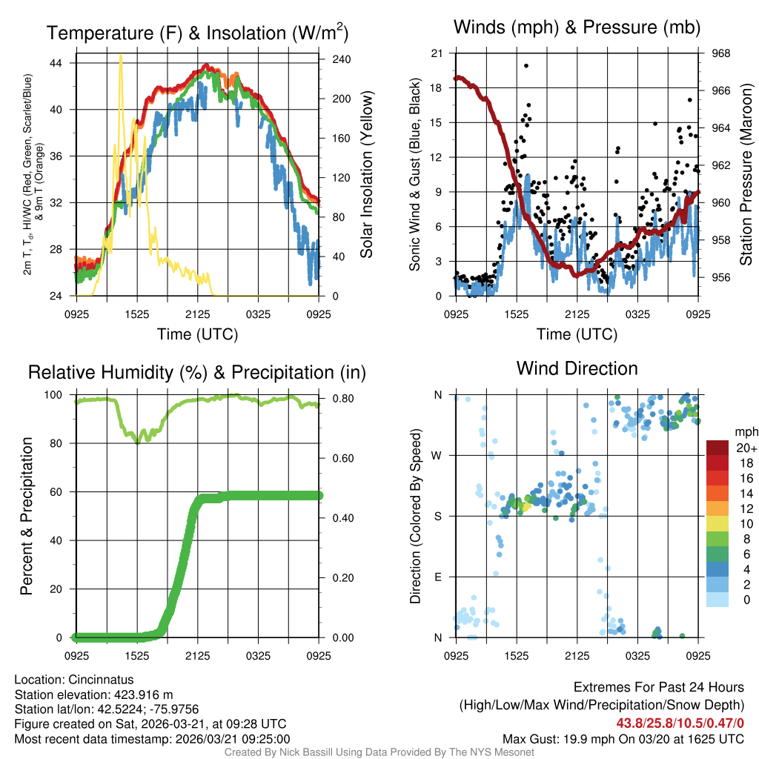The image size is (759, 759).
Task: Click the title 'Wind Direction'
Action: (577, 368)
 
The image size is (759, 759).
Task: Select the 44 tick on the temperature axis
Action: (64, 63)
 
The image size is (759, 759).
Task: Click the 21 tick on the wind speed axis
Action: (437, 53)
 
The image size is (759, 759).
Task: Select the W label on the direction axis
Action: (437, 455)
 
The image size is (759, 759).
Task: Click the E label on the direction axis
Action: (437, 577)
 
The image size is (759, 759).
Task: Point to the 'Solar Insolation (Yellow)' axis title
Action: (365, 174)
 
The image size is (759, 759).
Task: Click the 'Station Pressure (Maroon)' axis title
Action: (746, 174)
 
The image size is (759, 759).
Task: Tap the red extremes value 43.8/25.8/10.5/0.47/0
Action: (679, 723)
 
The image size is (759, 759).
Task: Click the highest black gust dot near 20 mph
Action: (526, 66)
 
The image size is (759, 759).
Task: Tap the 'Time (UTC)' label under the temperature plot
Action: (197, 334)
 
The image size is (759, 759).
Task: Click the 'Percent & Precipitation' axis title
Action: (26, 516)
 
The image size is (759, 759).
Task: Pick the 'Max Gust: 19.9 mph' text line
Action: (623, 738)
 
